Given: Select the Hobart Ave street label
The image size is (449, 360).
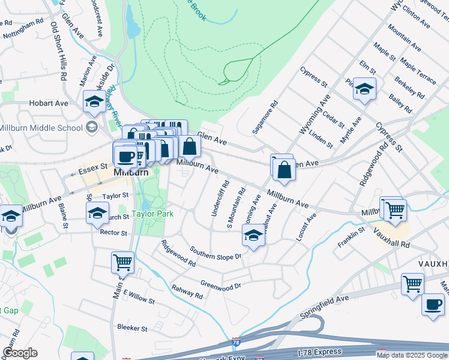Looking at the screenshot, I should point(49,103).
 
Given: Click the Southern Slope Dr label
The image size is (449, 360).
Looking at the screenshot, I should point(215,253).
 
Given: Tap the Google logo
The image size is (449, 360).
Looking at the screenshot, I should point(20,353).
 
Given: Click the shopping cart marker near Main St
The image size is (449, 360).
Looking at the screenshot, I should point(122,262).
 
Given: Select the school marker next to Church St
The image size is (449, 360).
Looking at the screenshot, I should point(97,214).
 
